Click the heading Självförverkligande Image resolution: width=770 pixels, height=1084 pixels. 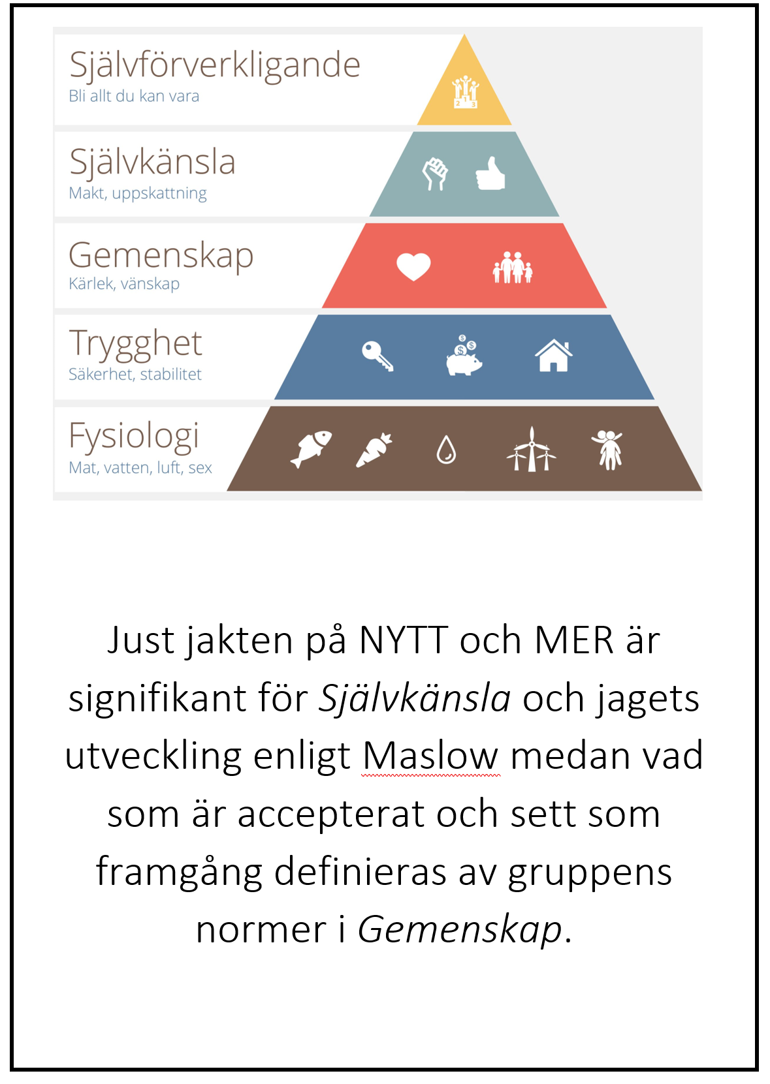pos(214,65)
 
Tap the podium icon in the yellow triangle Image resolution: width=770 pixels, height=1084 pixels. pos(465,91)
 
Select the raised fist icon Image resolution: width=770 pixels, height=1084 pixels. pos(435,174)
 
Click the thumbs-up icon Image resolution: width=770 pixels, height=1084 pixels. pos(490,173)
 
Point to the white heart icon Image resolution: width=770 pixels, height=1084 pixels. pos(413,267)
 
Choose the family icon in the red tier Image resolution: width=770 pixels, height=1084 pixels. pos(513,267)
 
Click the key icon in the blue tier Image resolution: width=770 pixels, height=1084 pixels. pos(377,356)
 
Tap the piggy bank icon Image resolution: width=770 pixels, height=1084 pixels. pos(464,355)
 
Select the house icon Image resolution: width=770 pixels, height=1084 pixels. pos(554,355)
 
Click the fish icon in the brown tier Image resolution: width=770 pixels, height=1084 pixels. pos(311,448)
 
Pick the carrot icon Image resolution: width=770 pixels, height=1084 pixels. pos(374,450)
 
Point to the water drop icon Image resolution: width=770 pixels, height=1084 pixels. pos(446,450)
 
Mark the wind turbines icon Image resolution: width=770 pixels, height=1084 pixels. pos(531,448)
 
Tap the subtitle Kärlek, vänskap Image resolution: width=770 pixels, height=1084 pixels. pos(124,284)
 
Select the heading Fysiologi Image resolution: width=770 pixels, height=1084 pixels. pos(134,436)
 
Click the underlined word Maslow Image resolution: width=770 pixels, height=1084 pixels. pos(430,756)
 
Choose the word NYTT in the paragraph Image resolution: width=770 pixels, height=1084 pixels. pos(404,640)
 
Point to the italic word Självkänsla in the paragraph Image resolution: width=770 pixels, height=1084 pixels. pos(414,698)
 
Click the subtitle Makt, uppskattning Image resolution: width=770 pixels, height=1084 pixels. pos(138,193)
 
